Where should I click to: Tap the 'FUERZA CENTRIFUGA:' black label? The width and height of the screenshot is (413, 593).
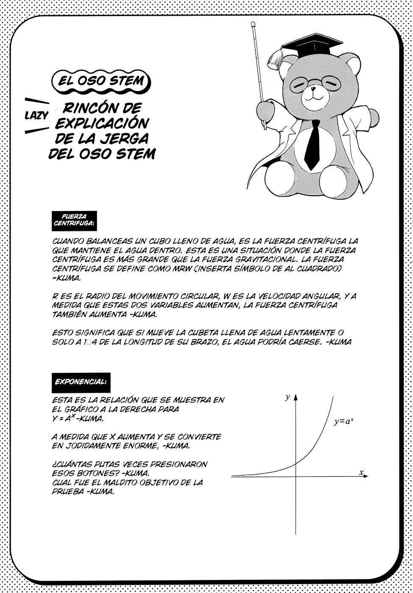point(74,220)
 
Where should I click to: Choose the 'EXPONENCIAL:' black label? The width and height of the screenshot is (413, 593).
point(81,381)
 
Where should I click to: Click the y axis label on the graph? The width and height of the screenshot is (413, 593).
point(287,397)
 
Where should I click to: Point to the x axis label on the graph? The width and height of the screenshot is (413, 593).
point(361,472)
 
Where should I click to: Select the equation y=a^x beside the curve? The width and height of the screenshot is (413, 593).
point(344,421)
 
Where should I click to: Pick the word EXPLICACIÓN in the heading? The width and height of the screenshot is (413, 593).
point(102,123)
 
